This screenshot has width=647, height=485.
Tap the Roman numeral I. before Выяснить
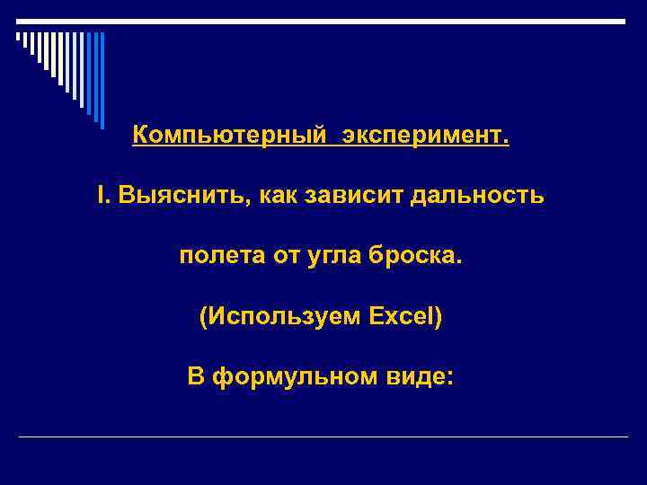pos(103,195)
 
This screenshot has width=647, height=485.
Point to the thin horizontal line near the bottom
pos(323,436)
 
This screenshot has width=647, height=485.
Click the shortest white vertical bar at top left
pos(17,38)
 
